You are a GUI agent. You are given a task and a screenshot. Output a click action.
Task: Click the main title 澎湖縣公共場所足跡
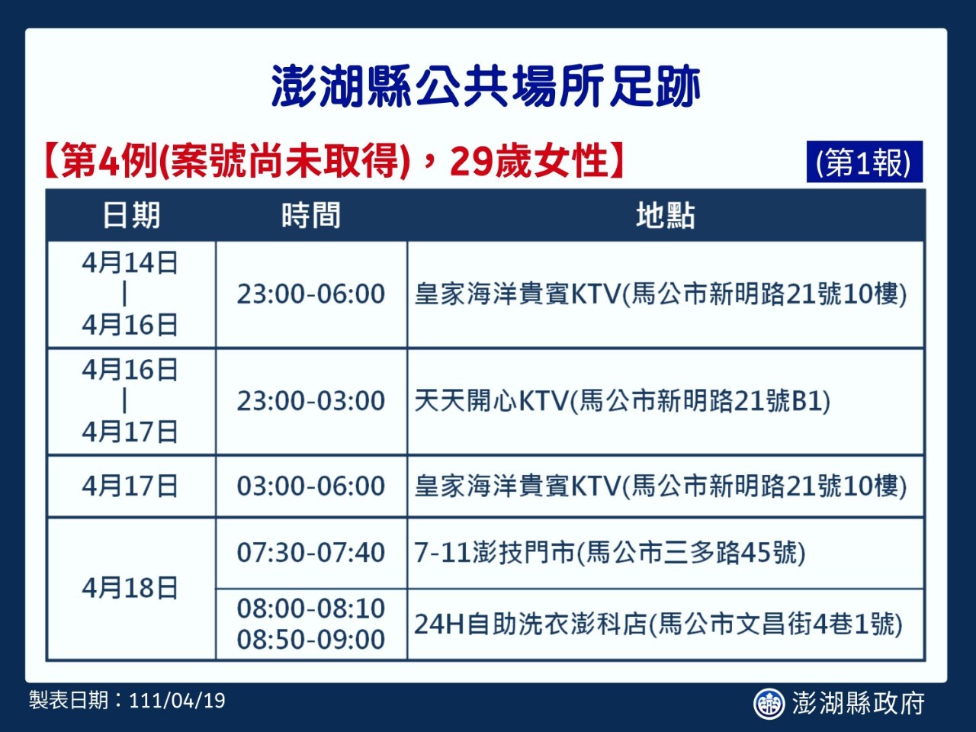point(486,86)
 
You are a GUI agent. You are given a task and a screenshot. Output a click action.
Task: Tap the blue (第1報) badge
point(865,162)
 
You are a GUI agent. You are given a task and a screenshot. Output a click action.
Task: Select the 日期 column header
point(132,216)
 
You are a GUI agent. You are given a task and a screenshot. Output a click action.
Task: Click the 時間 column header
point(311,216)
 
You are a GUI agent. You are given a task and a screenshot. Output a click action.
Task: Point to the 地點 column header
point(666,216)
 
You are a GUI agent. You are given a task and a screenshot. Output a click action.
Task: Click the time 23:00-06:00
point(311,294)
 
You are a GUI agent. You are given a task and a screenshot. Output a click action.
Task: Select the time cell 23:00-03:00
point(311,401)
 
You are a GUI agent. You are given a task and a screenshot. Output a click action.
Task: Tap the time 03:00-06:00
point(311,486)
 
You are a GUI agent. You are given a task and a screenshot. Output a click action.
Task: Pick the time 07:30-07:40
point(311,553)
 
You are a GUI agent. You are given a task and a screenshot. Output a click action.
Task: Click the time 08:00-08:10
point(311,608)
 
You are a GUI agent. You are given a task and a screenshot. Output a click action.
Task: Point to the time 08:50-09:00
point(311,640)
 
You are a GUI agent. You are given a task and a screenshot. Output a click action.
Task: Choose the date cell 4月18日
point(130,588)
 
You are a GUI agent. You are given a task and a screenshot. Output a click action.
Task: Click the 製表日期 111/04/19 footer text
point(127,701)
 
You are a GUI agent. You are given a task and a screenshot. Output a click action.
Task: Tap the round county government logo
point(769,703)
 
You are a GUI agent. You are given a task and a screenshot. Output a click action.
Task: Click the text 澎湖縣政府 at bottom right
point(859,703)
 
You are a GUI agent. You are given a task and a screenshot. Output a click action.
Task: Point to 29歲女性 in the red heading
point(528,160)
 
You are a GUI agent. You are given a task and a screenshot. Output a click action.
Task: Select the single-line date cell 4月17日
point(130,486)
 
